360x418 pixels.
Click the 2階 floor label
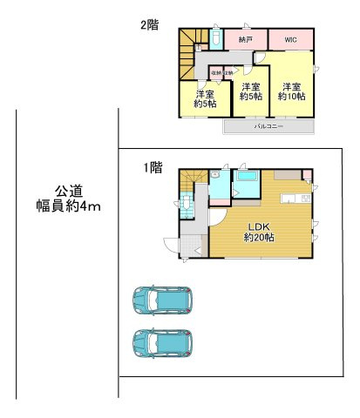point(148,25)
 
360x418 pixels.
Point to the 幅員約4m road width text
point(69,209)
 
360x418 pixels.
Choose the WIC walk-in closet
point(289,41)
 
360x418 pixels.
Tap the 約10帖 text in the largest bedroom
point(291,98)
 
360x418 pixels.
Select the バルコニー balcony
point(267,127)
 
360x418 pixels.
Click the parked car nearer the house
point(162,301)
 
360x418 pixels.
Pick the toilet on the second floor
point(215,39)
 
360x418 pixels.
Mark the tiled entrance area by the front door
point(191,244)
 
